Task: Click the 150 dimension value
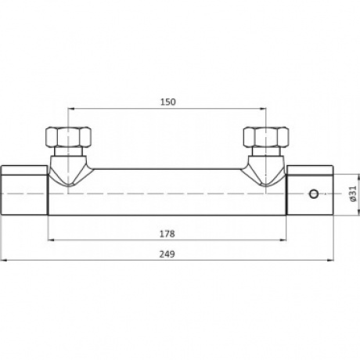pyautogui.click(x=168, y=102)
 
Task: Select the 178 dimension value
pyautogui.click(x=167, y=234)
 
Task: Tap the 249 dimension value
pyautogui.click(x=167, y=254)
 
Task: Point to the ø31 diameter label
pyautogui.click(x=353, y=194)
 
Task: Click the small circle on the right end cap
pyautogui.click(x=314, y=194)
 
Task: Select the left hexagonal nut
pyautogui.click(x=68, y=137)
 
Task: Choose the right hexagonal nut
pyautogui.click(x=266, y=137)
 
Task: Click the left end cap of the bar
pyautogui.click(x=24, y=190)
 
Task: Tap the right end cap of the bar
pyautogui.click(x=310, y=190)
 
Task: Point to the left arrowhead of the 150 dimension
pyautogui.click(x=71, y=109)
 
